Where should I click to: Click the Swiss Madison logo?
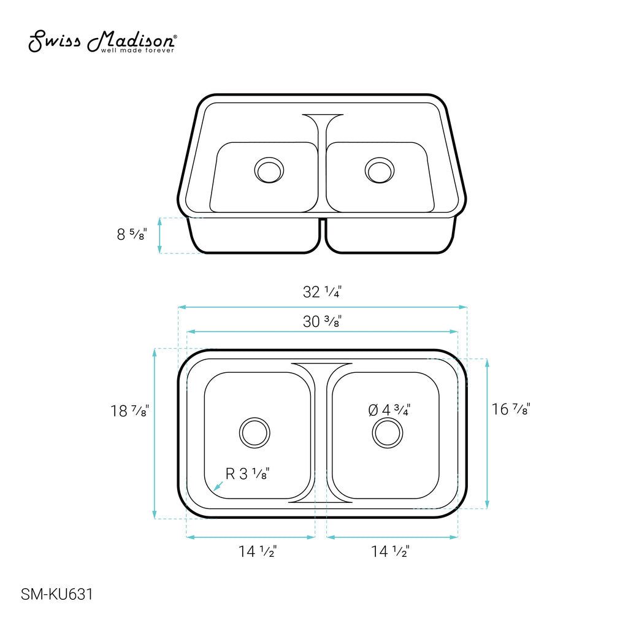click(102, 41)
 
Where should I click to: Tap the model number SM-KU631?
click(57, 594)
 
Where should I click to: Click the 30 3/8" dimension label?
click(322, 321)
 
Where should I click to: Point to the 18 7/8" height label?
click(130, 410)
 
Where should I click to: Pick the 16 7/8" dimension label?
click(511, 409)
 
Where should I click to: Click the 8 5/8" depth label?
click(132, 234)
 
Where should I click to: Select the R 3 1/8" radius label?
click(248, 474)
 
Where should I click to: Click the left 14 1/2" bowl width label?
click(258, 551)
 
